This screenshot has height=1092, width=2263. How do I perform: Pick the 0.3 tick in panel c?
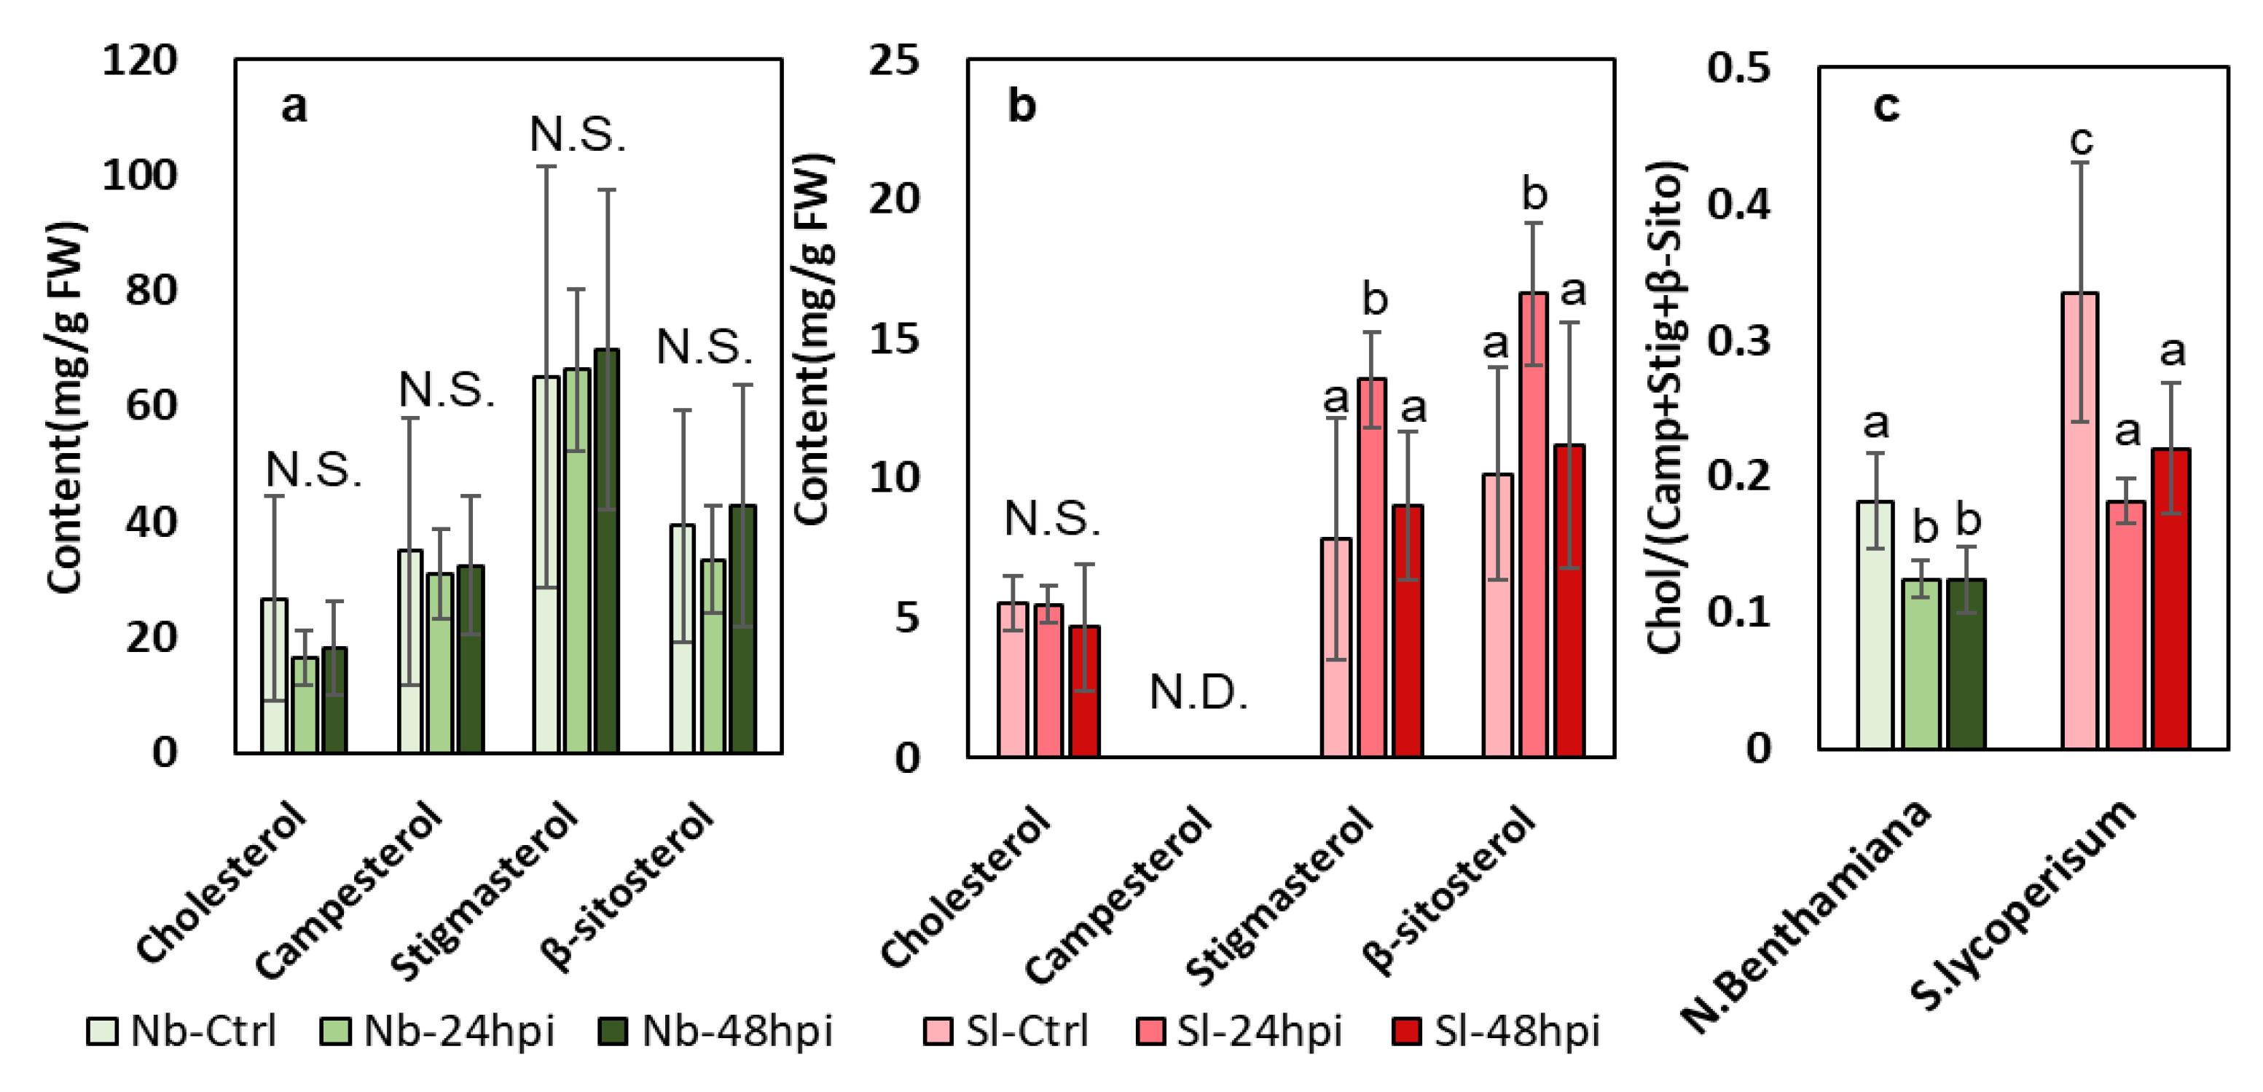click(1738, 340)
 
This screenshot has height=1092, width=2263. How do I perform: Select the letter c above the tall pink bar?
click(2081, 140)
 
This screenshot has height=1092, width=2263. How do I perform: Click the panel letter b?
click(1021, 106)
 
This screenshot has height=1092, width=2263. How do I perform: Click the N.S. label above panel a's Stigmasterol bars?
click(577, 135)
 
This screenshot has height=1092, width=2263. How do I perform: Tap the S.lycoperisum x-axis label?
click(2020, 905)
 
